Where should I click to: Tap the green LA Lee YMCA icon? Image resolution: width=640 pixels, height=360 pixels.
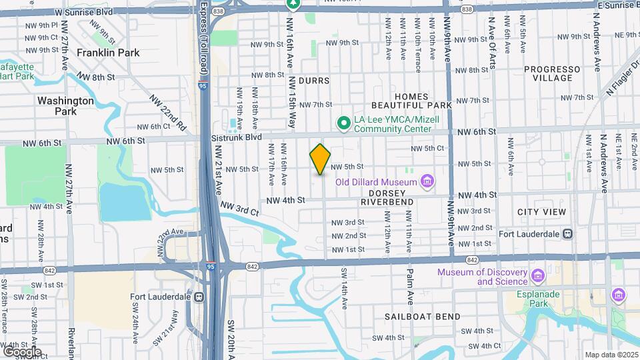(x=343, y=123)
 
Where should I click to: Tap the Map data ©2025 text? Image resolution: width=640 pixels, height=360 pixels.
(x=611, y=355)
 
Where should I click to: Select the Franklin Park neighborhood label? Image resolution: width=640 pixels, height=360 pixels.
(x=108, y=52)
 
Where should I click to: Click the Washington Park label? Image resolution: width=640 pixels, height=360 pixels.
(x=65, y=105)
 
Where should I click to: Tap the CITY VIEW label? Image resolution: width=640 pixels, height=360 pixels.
(x=541, y=212)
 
